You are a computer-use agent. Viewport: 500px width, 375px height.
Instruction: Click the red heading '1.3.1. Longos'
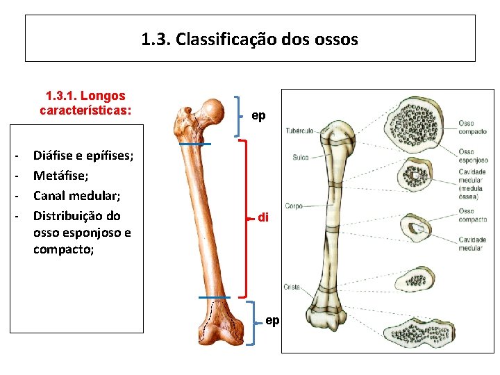(85, 96)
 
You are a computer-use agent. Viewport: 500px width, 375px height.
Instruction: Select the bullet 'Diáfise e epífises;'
(83, 156)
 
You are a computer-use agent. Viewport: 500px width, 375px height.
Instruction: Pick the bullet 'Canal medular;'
(72, 196)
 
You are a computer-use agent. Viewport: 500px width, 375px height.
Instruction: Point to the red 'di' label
(263, 217)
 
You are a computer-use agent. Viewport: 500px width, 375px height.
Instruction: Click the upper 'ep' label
(258, 116)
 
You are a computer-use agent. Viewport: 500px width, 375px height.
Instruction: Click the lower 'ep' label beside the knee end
(272, 321)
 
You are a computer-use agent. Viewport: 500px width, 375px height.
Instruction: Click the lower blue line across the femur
(212, 297)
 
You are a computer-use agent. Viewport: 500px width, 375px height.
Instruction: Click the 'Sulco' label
(300, 158)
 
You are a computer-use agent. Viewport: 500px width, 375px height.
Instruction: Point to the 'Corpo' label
(294, 206)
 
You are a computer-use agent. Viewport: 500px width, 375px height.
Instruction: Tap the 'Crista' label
(292, 287)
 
